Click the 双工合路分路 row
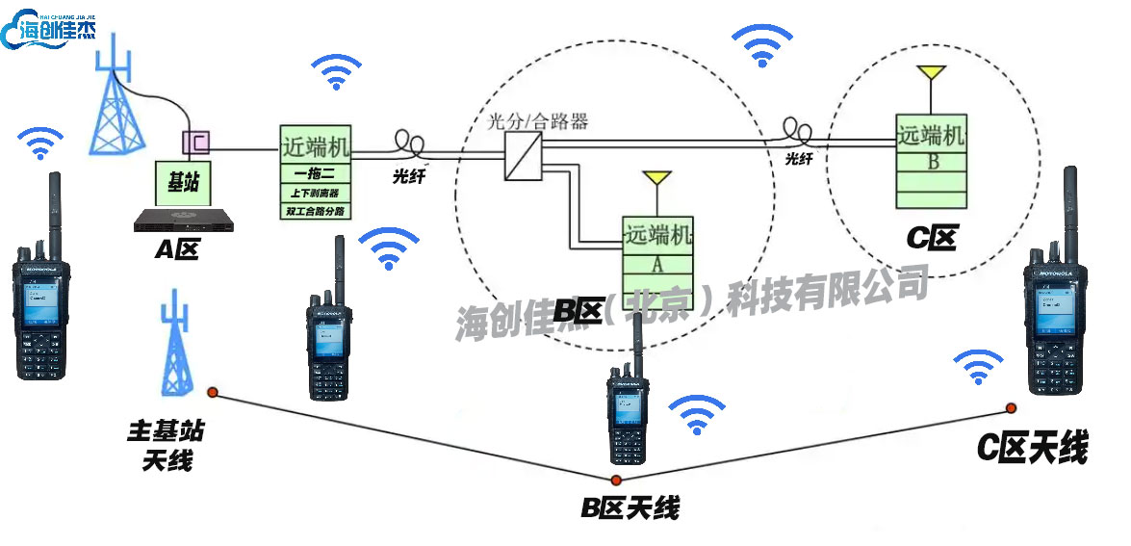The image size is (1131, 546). click(x=316, y=208)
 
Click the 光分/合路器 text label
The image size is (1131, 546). click(x=538, y=122)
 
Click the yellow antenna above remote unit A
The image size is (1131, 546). click(x=657, y=179)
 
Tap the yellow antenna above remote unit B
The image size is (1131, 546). click(x=930, y=73)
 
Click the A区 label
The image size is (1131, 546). click(x=176, y=249)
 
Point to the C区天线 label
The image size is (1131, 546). click(x=1033, y=448)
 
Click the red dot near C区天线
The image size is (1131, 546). click(x=1012, y=407)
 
